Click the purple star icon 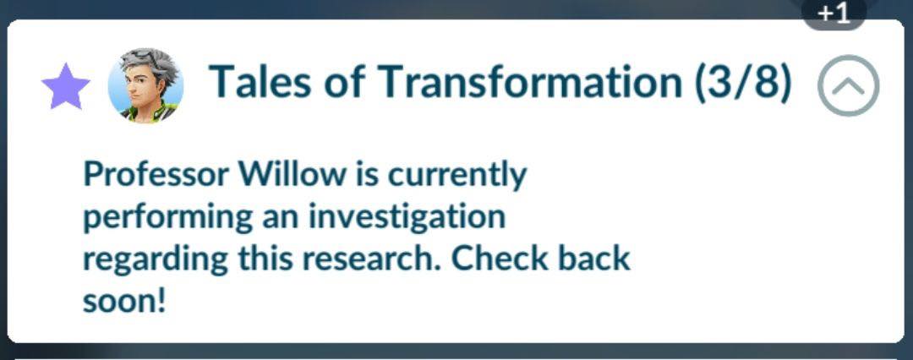[x=66, y=86]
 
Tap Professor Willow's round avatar [x=145, y=85]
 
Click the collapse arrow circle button [x=849, y=85]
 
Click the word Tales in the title [x=261, y=81]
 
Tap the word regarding [x=156, y=260]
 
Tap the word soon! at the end [x=124, y=301]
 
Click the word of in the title [x=345, y=81]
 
